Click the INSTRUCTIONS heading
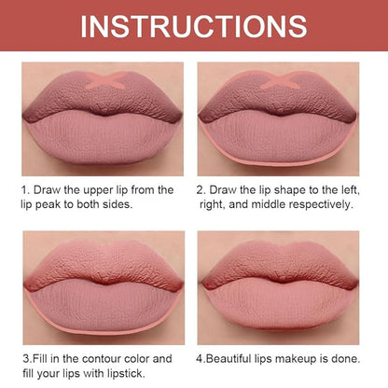(x=194, y=26)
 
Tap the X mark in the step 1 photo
(x=104, y=80)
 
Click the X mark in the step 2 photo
(x=279, y=80)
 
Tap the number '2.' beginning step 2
(x=201, y=190)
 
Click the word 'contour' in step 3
(x=102, y=359)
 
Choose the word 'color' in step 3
(x=138, y=359)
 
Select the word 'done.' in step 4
(x=346, y=359)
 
